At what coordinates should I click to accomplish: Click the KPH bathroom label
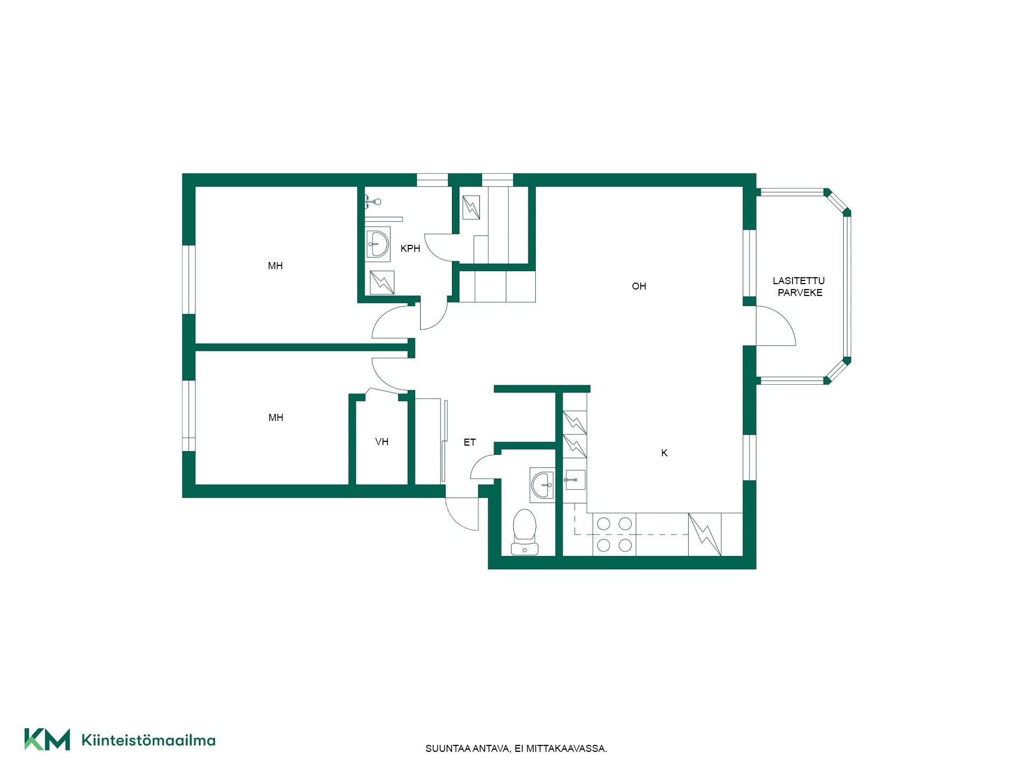coord(410,249)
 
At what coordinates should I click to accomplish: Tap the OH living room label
coord(639,286)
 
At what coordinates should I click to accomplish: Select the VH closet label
coord(381,442)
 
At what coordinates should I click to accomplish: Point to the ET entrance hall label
coord(470,442)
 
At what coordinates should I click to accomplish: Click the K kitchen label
coord(664,453)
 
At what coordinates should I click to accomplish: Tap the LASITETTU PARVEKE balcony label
coord(799,287)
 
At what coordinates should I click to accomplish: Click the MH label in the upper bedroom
coord(275,266)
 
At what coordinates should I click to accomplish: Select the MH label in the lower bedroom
coord(275,418)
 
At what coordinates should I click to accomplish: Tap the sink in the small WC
coord(542,484)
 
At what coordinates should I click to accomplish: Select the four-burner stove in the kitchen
coord(614,534)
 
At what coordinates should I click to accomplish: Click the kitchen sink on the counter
coord(575,480)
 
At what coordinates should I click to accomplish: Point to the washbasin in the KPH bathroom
coord(378,244)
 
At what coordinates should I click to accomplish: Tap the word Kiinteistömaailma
coord(148,740)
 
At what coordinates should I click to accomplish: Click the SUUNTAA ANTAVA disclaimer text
coord(516,749)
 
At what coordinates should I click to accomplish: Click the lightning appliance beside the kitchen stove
coord(705,534)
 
